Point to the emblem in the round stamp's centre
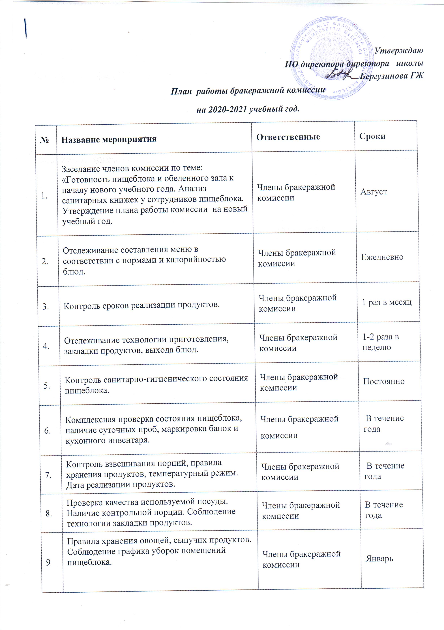point(332,49)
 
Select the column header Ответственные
point(288,137)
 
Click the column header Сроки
point(372,136)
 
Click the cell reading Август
point(374,192)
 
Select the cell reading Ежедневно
point(382,257)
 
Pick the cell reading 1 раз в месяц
point(387,302)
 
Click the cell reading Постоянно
point(384,381)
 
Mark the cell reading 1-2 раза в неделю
point(381,342)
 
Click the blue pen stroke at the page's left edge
point(26,28)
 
